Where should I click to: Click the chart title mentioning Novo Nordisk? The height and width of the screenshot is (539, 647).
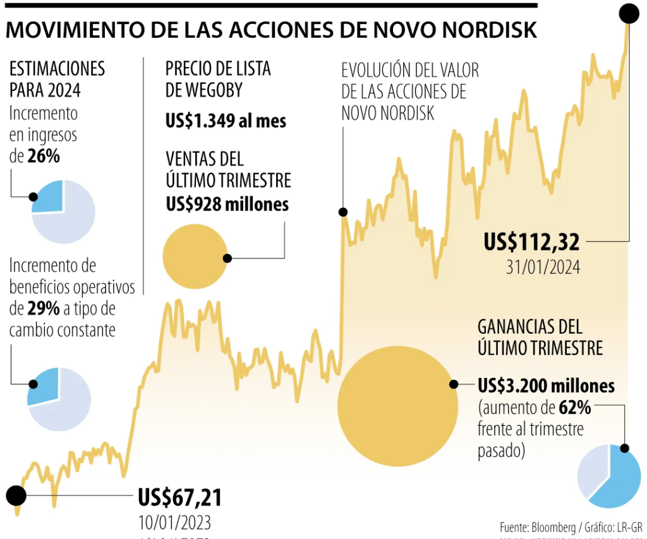(272, 30)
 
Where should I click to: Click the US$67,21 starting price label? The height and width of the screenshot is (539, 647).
(180, 498)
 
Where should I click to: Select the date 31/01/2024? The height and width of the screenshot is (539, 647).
(543, 267)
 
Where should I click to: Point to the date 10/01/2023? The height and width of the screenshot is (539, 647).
(174, 523)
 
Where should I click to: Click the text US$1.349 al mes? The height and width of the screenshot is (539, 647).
(226, 121)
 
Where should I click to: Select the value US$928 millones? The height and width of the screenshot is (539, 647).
(227, 204)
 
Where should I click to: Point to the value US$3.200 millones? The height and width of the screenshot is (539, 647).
(546, 385)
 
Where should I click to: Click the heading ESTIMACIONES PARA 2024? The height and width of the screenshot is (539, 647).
(57, 79)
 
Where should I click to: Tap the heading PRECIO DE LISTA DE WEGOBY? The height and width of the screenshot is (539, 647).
(218, 79)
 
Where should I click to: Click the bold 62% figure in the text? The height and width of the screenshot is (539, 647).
(574, 408)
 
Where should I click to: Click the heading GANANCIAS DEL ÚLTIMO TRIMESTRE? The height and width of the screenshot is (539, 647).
(540, 337)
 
